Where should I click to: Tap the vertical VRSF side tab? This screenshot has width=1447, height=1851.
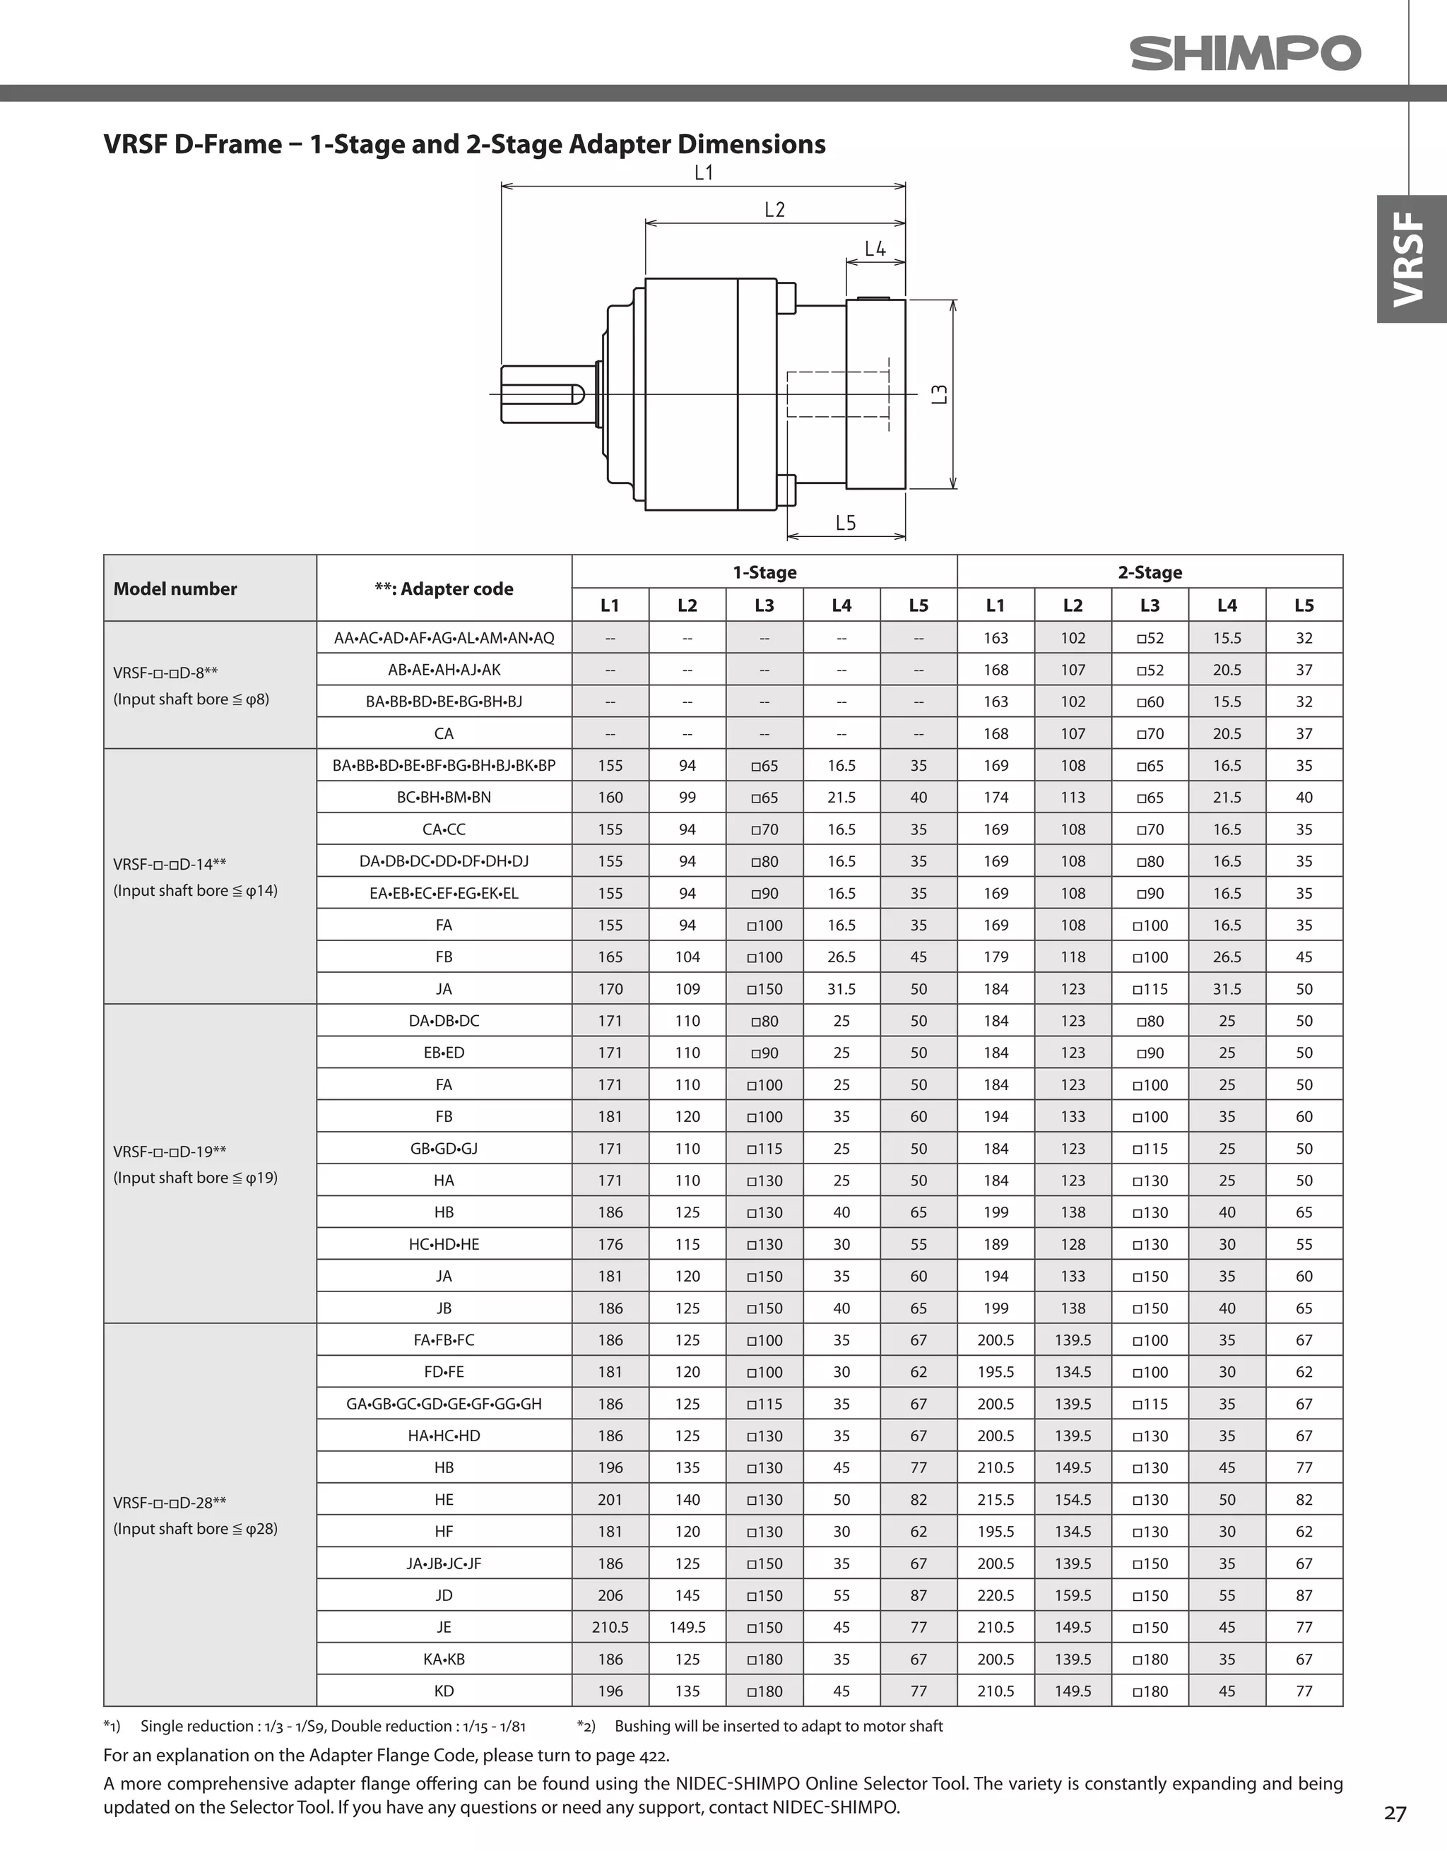pos(1410,259)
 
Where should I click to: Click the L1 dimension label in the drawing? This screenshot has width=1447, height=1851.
pos(704,173)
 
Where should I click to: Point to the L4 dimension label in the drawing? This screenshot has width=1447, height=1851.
pos(875,248)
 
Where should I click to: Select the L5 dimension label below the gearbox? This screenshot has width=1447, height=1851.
pos(845,523)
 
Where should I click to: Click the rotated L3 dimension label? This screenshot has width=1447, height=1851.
pos(939,394)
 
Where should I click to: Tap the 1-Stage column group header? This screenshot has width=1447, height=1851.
pos(764,572)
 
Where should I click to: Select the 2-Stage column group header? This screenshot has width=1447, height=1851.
pos(1149,572)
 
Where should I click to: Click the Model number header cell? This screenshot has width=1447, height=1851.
pos(175,589)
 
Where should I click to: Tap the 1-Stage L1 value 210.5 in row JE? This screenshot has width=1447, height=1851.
pos(610,1627)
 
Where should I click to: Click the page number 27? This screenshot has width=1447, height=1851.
pos(1395,1814)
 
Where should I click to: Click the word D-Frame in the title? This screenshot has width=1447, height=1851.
pos(228,144)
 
